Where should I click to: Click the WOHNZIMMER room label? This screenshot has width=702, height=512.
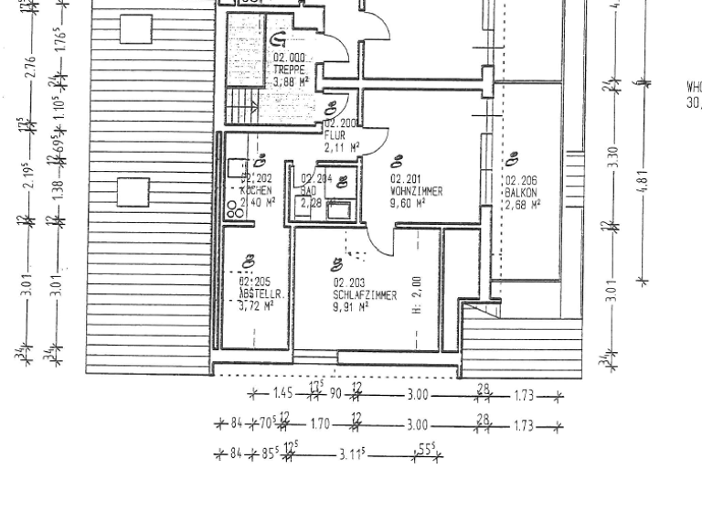[417, 192]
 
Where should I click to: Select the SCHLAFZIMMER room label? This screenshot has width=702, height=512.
[365, 296]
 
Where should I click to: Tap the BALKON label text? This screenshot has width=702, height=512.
[521, 194]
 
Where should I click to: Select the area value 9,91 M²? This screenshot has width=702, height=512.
[351, 308]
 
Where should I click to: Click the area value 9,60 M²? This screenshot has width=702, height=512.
[409, 204]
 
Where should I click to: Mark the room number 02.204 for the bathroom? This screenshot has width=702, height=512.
[316, 179]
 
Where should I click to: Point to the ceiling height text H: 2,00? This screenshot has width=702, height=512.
[416, 295]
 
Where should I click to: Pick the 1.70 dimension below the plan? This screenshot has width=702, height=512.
[321, 425]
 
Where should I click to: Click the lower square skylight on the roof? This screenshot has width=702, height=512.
[133, 193]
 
